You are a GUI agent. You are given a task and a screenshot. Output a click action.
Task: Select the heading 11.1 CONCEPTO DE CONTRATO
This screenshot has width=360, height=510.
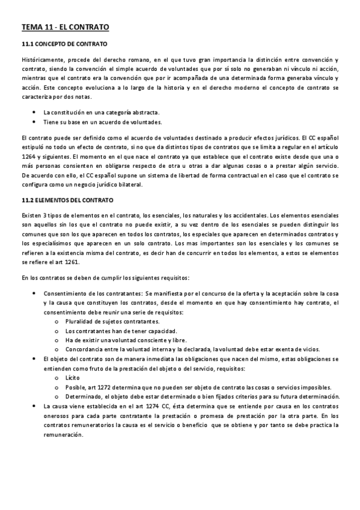[64, 45]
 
